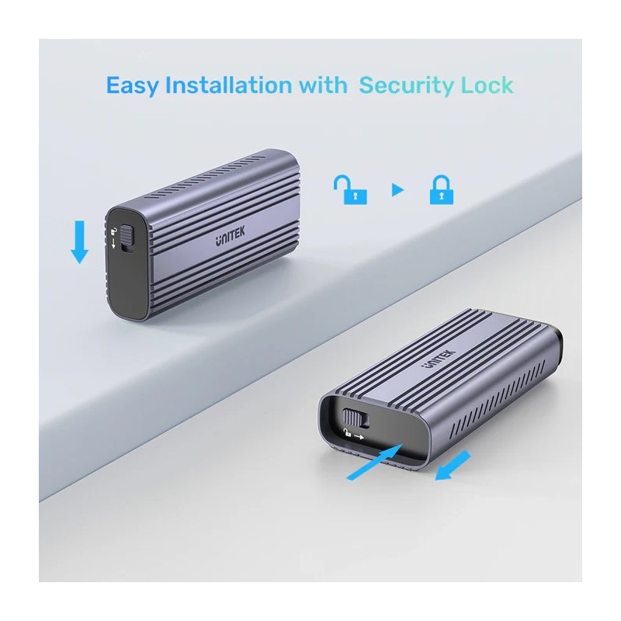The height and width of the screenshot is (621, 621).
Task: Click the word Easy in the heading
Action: tap(133, 85)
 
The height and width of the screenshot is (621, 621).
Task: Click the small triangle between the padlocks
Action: tap(398, 190)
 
